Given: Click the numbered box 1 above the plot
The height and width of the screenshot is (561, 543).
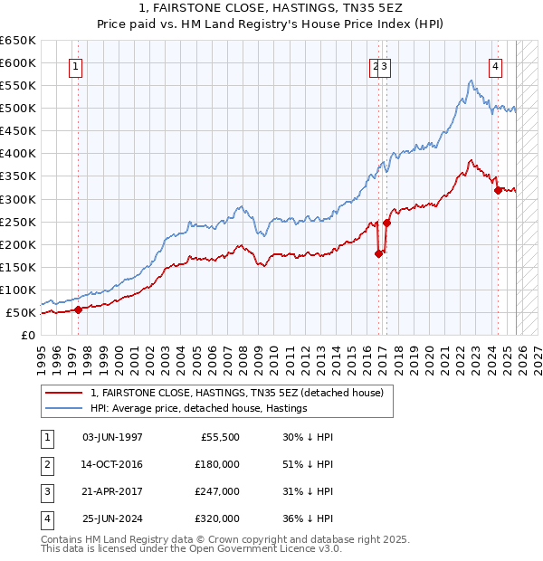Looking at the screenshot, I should coord(76,64).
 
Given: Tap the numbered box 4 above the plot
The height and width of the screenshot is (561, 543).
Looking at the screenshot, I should coord(496,64).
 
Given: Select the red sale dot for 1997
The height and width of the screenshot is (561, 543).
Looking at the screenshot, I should coord(78,309).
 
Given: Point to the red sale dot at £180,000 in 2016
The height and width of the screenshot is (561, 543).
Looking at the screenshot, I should coord(378,253).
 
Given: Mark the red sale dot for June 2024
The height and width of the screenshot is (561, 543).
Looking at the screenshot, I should coord(498,190).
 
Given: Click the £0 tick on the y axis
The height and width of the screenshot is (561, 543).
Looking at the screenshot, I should coord(27,335).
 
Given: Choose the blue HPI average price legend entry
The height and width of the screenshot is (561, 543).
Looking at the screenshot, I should coord(199,408).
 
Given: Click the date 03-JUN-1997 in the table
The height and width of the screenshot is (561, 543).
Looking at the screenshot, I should coord(113,436).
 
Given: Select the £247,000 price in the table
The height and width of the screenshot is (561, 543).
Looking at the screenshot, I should coord(217,492).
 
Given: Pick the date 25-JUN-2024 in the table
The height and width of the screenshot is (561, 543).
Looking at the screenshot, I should coord(113,519).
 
